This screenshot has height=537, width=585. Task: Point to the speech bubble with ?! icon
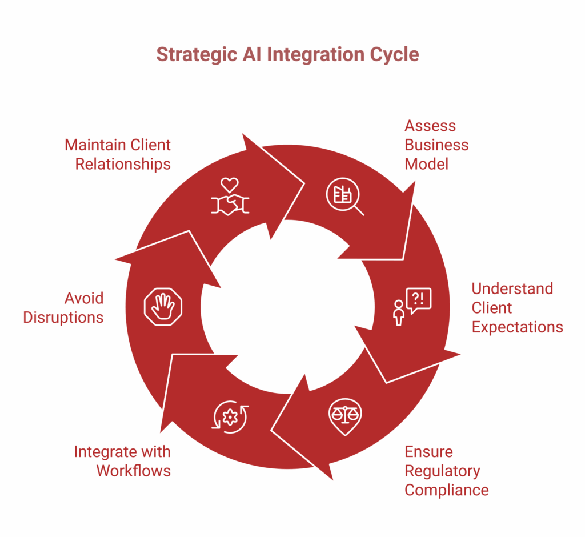(x=412, y=306)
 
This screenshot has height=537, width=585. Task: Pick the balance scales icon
(x=344, y=415)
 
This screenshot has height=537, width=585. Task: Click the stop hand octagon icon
(x=162, y=307)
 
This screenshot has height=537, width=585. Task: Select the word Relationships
(x=123, y=164)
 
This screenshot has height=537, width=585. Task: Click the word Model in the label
(x=426, y=164)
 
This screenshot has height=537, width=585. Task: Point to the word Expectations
(x=517, y=327)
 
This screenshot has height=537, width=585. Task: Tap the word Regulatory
(x=442, y=471)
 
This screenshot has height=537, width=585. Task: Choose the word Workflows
(x=133, y=470)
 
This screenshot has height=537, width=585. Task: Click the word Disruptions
(x=63, y=317)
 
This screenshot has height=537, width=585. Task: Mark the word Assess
(x=430, y=126)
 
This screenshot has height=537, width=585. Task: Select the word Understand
(x=512, y=288)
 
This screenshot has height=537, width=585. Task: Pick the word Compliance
(x=446, y=490)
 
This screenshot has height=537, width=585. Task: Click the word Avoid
(x=84, y=298)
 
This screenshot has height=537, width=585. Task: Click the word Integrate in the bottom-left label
(x=105, y=451)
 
